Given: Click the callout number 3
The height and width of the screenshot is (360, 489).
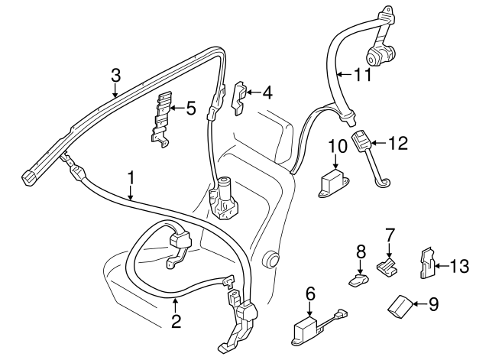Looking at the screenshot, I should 115,76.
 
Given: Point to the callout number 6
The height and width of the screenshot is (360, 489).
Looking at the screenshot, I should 310,292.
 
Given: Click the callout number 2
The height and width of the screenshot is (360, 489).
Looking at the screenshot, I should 176,322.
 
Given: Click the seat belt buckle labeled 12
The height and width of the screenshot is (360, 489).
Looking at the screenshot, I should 361,142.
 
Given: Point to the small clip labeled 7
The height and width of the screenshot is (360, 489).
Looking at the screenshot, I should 388,264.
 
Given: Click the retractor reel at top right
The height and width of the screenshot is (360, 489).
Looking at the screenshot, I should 380,55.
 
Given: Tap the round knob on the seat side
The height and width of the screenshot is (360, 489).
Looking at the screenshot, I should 268,258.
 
